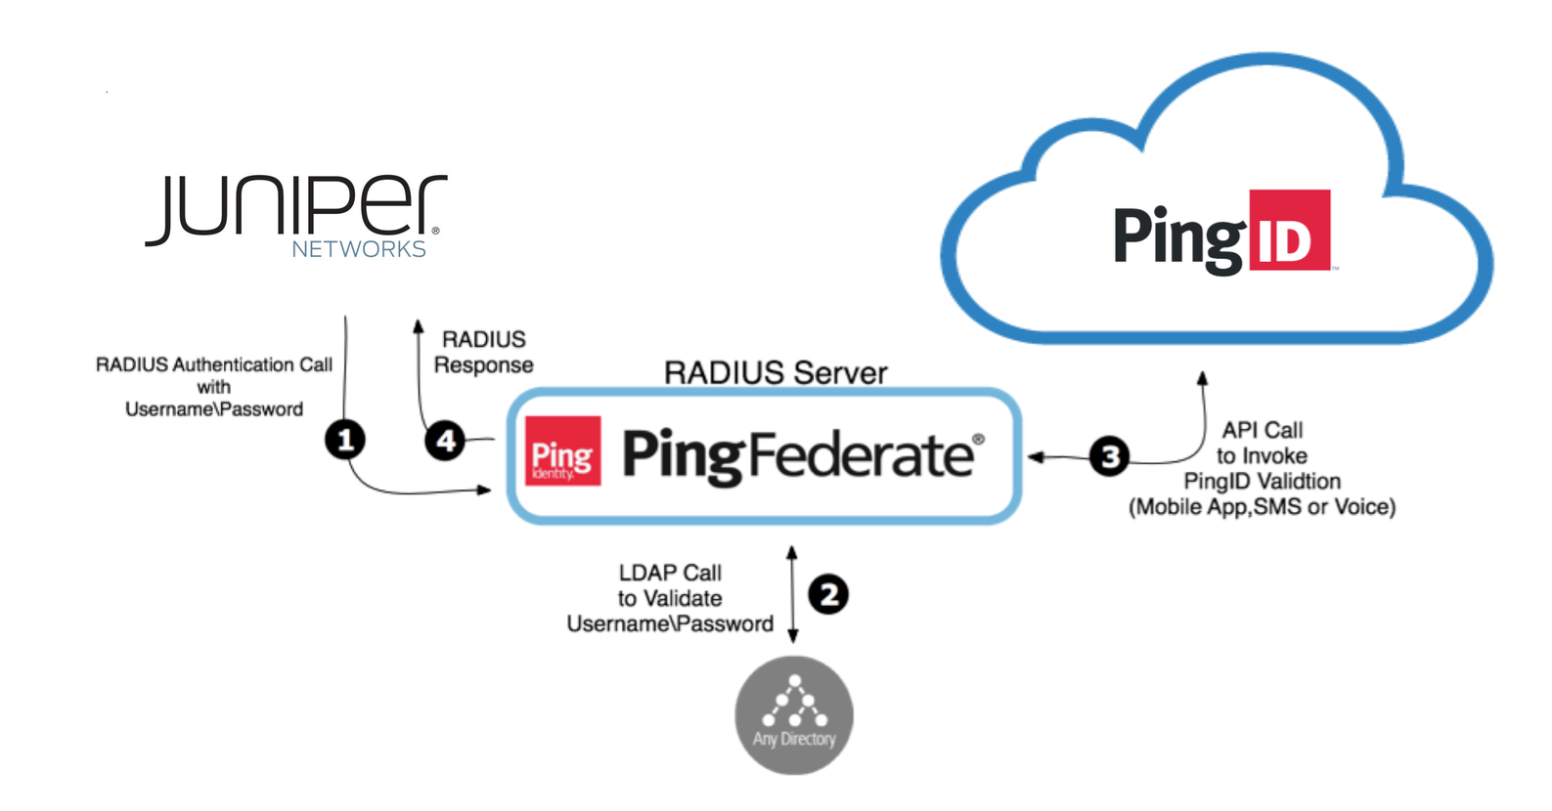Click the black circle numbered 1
click(x=345, y=440)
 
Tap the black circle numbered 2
click(x=828, y=594)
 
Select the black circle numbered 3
click(x=1110, y=456)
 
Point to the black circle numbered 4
click(x=445, y=441)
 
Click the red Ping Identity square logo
click(x=562, y=451)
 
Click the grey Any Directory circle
click(x=794, y=715)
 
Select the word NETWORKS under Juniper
click(x=359, y=249)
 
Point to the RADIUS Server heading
click(x=776, y=372)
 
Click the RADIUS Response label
click(x=484, y=352)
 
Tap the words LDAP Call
click(x=670, y=573)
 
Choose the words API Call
click(x=1262, y=430)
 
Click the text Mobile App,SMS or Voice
click(x=1262, y=507)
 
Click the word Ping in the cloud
click(x=1178, y=236)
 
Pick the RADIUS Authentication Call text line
click(x=214, y=364)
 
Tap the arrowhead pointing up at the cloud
click(x=1203, y=377)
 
